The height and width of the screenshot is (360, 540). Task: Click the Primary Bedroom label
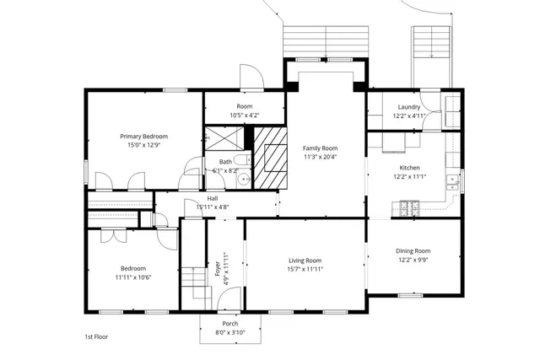(143, 136)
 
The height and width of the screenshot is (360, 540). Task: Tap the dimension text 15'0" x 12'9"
(143, 145)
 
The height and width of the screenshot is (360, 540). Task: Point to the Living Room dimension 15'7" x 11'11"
(305, 270)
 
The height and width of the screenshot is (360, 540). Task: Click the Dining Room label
(413, 251)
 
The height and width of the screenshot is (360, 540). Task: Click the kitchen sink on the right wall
(453, 179)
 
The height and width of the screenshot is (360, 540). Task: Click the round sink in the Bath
(244, 177)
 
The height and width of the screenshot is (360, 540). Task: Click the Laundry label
(408, 107)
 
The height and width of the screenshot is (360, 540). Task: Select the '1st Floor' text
(95, 336)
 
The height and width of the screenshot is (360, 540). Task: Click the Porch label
(229, 324)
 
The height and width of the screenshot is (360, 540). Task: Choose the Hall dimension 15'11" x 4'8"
(212, 207)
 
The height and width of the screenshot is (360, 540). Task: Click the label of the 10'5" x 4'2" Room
(245, 106)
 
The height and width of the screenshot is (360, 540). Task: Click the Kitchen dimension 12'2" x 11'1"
(409, 177)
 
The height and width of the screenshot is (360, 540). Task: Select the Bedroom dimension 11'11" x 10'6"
(133, 277)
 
